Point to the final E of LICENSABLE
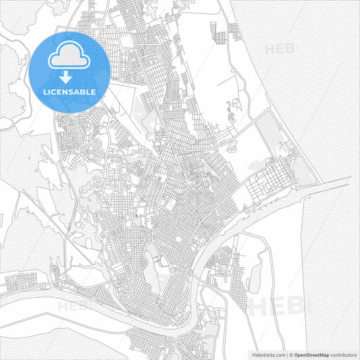(x=94, y=91)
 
